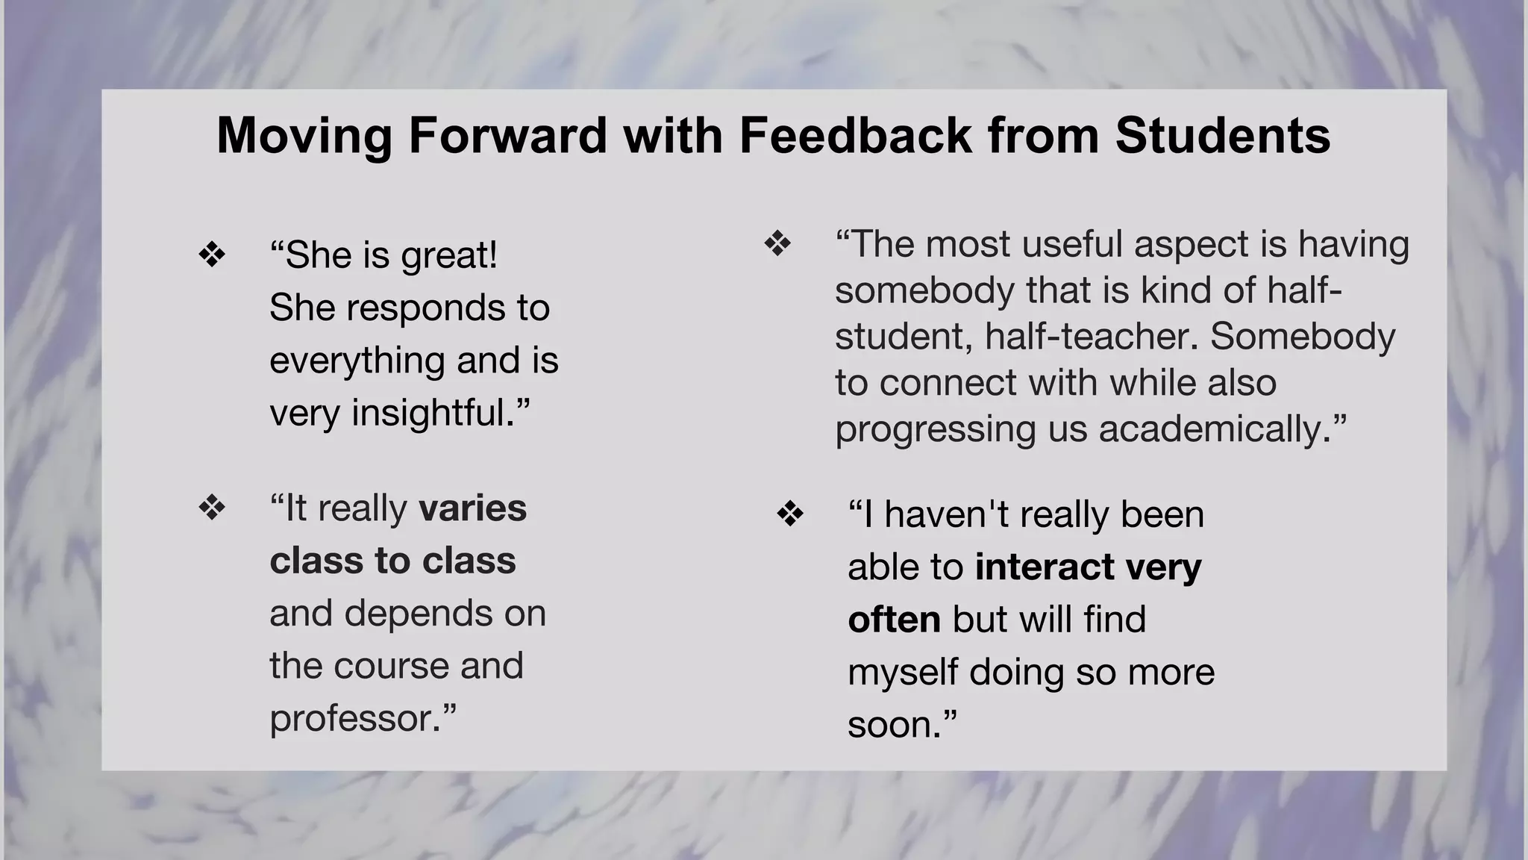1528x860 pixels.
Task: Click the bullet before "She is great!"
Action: click(x=213, y=255)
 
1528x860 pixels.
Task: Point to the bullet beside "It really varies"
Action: click(x=213, y=508)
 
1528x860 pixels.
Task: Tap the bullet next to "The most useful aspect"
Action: click(x=777, y=244)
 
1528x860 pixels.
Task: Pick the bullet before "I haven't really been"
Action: click(x=790, y=514)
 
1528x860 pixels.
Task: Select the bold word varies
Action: click(x=472, y=508)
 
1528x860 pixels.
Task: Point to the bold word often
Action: click(x=894, y=620)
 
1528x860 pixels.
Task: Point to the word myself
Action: click(x=903, y=673)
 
